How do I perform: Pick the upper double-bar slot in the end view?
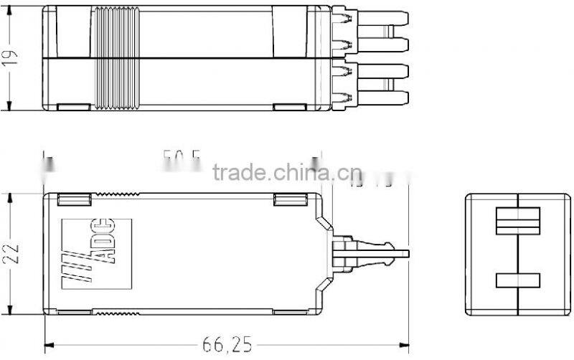pyautogui.click(x=517, y=219)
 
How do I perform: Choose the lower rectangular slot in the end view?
pyautogui.click(x=517, y=281)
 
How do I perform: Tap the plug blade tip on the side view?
pyautogui.click(x=402, y=253)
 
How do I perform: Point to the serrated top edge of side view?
pyautogui.click(x=115, y=194)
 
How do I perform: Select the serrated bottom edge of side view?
pyautogui.click(x=115, y=313)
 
